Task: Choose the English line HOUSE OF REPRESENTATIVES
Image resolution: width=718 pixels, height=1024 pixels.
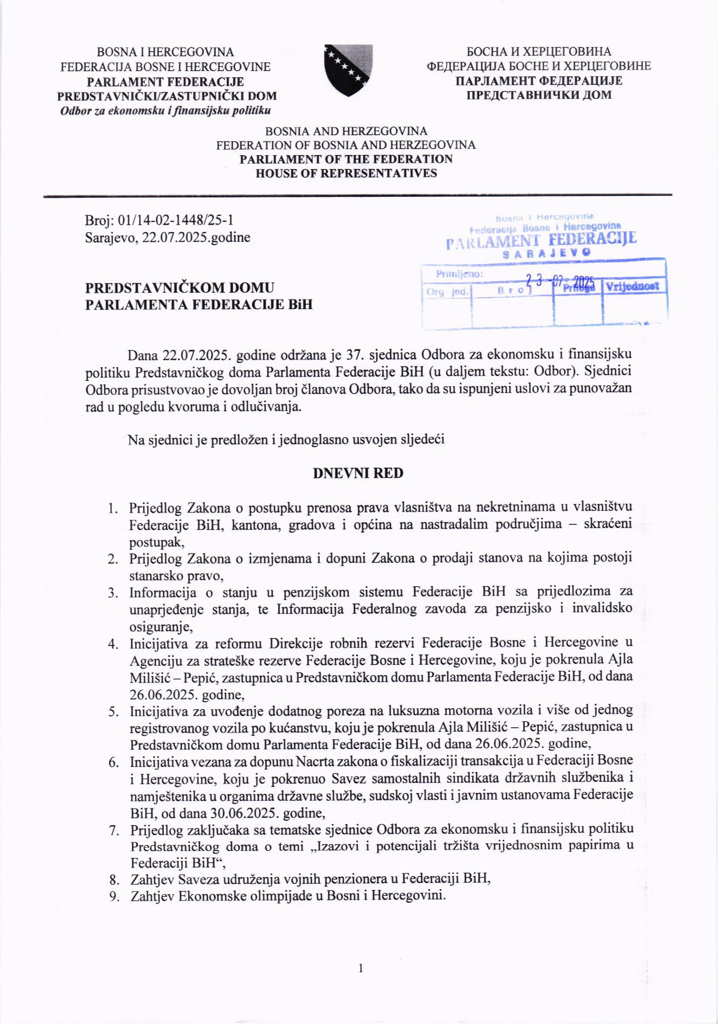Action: tap(346, 173)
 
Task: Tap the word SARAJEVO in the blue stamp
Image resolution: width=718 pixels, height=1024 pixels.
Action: tap(547, 252)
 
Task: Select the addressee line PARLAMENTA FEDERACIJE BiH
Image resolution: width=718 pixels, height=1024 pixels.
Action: tap(199, 304)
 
